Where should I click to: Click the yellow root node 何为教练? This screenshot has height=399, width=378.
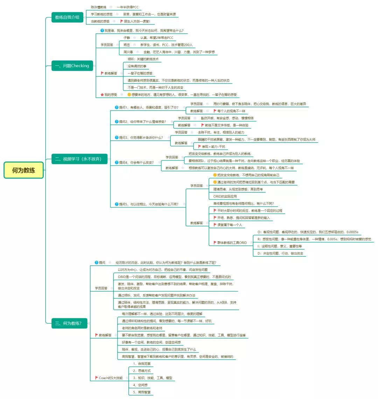coord(23,170)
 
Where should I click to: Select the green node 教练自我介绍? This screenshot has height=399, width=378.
coord(67,17)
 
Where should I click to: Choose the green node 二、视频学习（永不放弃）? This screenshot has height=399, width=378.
coord(78,159)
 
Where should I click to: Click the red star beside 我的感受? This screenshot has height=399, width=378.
coord(102,95)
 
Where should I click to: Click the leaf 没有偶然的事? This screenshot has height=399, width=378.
coord(137,66)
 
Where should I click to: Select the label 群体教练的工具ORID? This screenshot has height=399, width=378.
coord(232,243)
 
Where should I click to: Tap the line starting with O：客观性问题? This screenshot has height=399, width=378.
coord(307,232)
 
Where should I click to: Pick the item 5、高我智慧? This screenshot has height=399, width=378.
coord(142,392)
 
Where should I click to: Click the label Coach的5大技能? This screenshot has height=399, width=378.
coord(111,378)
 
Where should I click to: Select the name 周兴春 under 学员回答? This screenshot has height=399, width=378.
coord(128,52)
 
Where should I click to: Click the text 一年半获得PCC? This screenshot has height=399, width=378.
coord(127,7)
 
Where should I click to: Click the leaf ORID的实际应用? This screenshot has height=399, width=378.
coord(225,197)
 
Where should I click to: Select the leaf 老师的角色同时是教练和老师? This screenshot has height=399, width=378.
coord(142,328)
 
